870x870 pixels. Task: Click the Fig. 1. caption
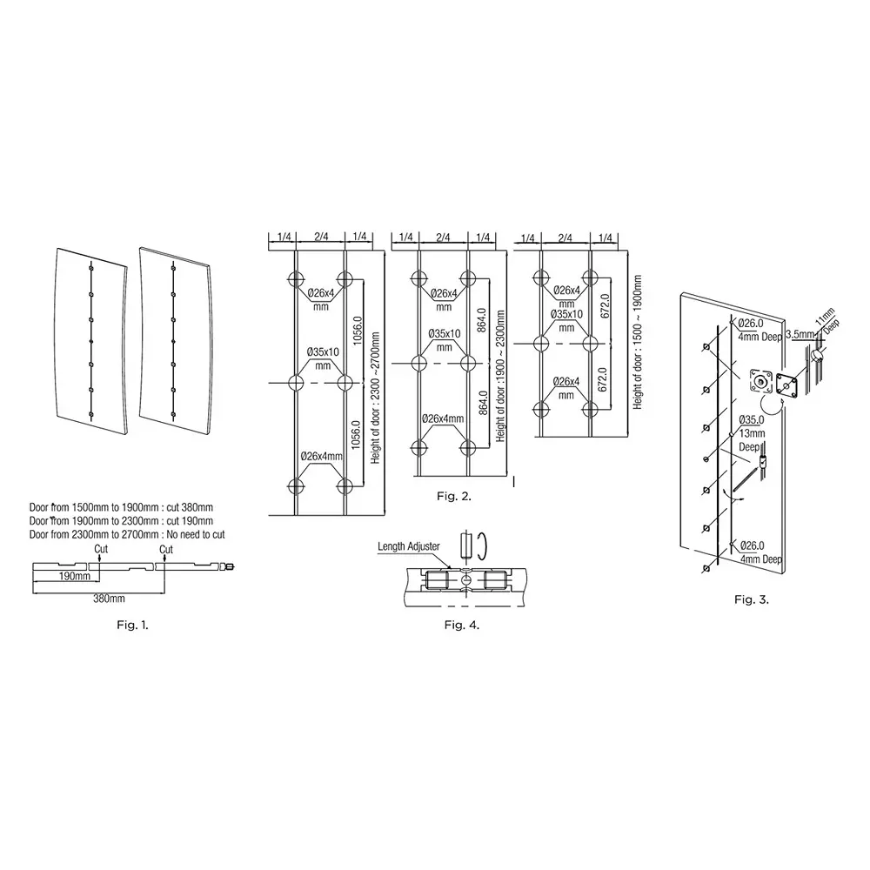tap(132, 625)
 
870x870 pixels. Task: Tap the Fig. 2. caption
tap(453, 496)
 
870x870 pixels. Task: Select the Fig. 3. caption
tap(752, 599)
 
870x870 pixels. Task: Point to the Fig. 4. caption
tap(462, 625)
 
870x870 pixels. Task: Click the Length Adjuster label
tap(409, 547)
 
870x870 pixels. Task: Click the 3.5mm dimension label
tap(799, 333)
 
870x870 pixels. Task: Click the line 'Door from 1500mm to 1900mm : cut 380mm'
tap(121, 507)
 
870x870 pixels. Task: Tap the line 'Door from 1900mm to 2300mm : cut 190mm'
tap(121, 520)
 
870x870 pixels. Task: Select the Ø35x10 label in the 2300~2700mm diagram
tap(322, 358)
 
